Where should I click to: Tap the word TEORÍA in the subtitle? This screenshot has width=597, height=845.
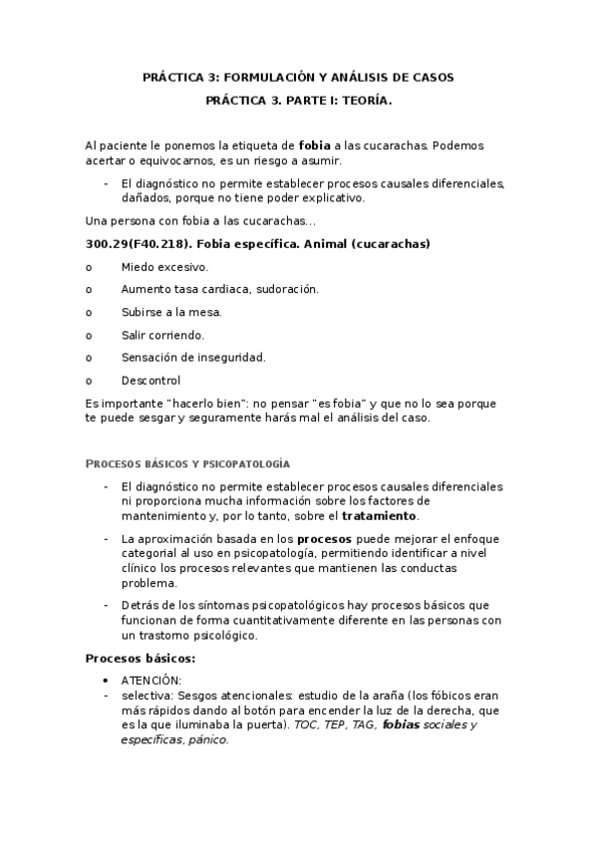coord(368,101)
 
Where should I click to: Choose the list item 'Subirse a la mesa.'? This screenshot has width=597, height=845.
coord(171,312)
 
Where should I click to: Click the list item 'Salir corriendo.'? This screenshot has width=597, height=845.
coord(162,335)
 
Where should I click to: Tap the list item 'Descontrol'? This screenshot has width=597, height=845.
coord(151,380)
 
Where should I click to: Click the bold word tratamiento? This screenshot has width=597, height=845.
coord(380,516)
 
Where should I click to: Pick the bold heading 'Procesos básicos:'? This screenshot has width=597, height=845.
coord(140,659)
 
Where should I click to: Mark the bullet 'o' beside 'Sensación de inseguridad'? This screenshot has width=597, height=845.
coord(89,357)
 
